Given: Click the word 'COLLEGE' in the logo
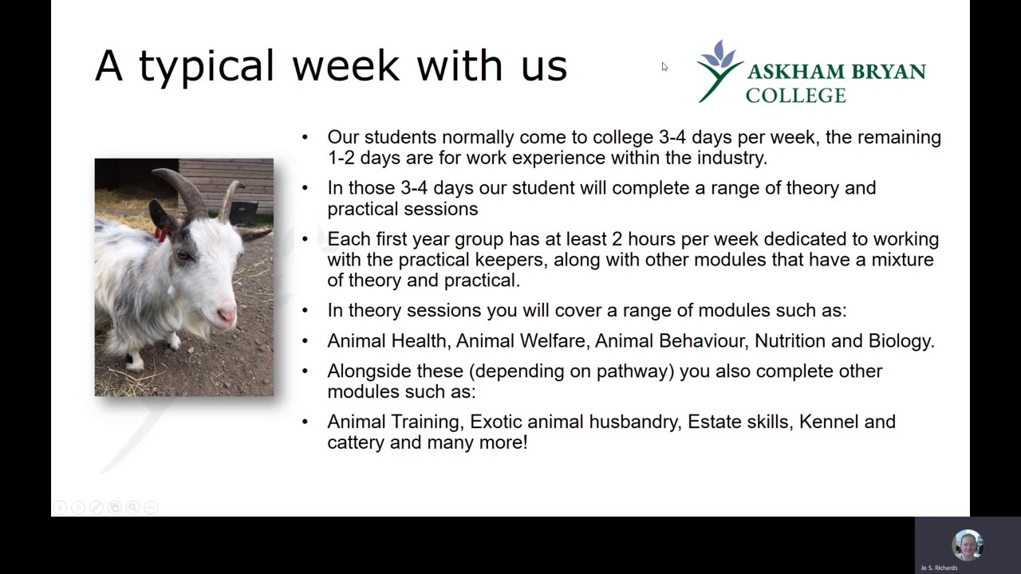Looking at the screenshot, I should point(795,96).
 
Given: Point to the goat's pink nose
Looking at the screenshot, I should point(227,316).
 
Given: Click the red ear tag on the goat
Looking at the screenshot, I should point(162,234).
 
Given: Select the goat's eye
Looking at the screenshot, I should point(185,255).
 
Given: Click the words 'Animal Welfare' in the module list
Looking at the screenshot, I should point(520,341).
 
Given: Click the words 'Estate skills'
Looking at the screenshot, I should point(739,422).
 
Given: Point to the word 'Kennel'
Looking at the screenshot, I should point(827,422).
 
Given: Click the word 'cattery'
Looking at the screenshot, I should point(355,442).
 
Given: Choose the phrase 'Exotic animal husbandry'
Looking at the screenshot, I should point(574,422).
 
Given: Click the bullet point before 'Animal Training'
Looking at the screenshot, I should point(305,423).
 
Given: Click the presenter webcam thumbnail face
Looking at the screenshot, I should point(968,545).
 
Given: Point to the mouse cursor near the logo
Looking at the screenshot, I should point(664,67).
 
